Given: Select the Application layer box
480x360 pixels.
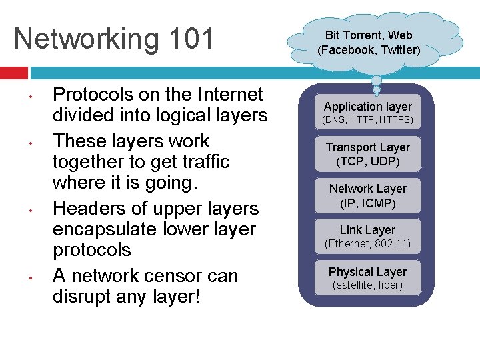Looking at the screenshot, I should (368, 113).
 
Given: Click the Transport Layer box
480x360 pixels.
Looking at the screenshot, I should (368, 154).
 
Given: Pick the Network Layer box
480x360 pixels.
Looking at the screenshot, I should (368, 195).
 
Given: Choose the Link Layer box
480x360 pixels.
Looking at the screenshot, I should (368, 236).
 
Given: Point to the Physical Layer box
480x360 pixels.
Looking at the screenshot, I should (368, 277).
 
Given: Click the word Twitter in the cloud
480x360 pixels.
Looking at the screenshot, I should (400, 50).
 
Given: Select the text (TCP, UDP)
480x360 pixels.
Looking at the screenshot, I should (368, 161).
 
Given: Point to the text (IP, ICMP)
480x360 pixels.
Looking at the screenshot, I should (368, 203).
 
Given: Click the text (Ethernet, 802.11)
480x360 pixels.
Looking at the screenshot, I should (368, 244).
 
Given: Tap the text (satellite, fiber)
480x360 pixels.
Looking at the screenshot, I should (368, 285).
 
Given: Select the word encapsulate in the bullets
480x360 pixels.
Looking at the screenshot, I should (105, 229).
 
